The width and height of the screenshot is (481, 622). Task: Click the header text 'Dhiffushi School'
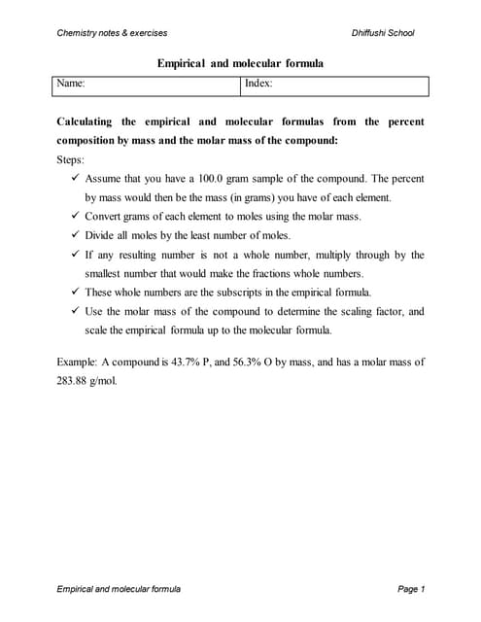[383, 33]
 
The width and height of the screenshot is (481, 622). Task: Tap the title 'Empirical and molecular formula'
[240, 63]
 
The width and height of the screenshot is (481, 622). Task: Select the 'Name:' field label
[71, 85]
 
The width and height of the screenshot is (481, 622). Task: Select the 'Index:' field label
[258, 85]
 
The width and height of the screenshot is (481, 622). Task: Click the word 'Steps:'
[72, 159]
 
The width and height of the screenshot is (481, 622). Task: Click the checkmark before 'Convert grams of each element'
[76, 217]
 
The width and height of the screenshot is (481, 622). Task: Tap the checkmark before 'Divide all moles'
[76, 235]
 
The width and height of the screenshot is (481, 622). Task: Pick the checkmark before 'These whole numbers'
[76, 292]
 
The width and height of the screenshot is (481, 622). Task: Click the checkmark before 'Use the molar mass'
[76, 311]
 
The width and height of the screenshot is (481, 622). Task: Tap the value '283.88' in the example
[74, 380]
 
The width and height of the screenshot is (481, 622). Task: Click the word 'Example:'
[80, 362]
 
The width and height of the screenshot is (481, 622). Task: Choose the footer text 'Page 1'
[411, 589]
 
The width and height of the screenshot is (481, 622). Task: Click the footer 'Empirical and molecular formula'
[119, 589]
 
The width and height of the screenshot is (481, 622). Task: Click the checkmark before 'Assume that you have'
[76, 179]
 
